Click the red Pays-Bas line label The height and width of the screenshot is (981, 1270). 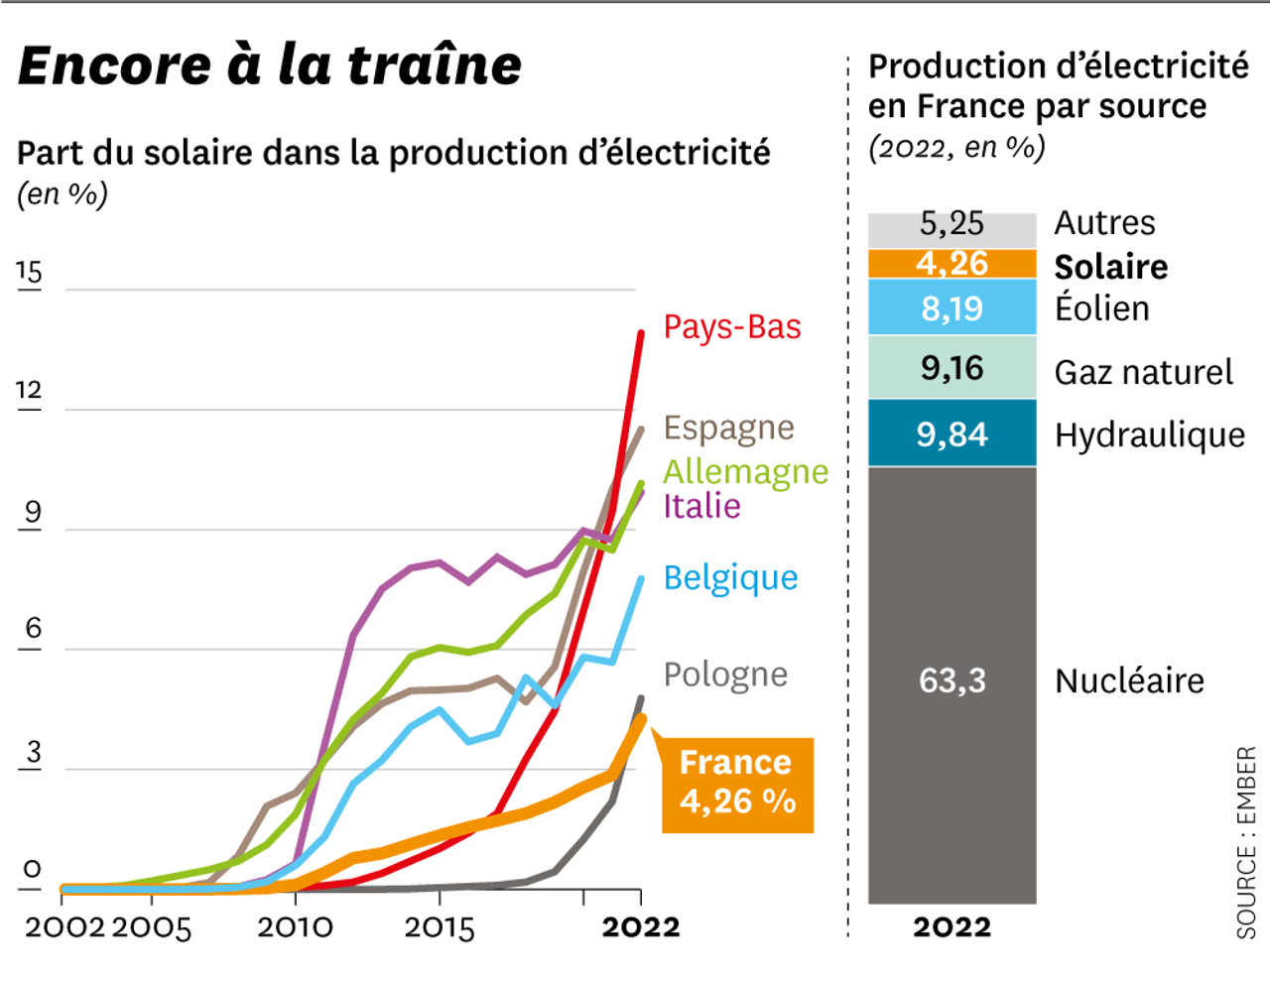tap(731, 327)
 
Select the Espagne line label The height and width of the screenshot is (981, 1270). tap(728, 429)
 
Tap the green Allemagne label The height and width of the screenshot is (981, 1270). tap(745, 472)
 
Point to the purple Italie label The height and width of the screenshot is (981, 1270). tap(701, 507)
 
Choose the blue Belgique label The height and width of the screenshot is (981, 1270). tap(730, 578)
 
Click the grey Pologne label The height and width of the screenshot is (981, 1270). tap(725, 674)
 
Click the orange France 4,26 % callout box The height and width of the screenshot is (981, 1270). tap(737, 783)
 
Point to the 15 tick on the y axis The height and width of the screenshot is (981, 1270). tap(29, 273)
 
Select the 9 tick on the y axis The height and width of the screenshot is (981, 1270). tap(32, 513)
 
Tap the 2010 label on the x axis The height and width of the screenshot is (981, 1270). tap(295, 927)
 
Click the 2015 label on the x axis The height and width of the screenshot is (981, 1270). tap(440, 927)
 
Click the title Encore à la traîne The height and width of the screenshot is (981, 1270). tap(269, 65)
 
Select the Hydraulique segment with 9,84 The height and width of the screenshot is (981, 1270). tap(952, 434)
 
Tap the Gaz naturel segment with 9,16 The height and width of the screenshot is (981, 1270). tap(952, 369)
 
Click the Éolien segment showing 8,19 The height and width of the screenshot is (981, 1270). tap(952, 308)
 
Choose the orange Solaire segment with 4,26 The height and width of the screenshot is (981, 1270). tap(952, 264)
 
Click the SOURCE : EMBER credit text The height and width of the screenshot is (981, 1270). tap(1246, 842)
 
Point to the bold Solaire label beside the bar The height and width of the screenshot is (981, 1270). tap(1110, 267)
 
